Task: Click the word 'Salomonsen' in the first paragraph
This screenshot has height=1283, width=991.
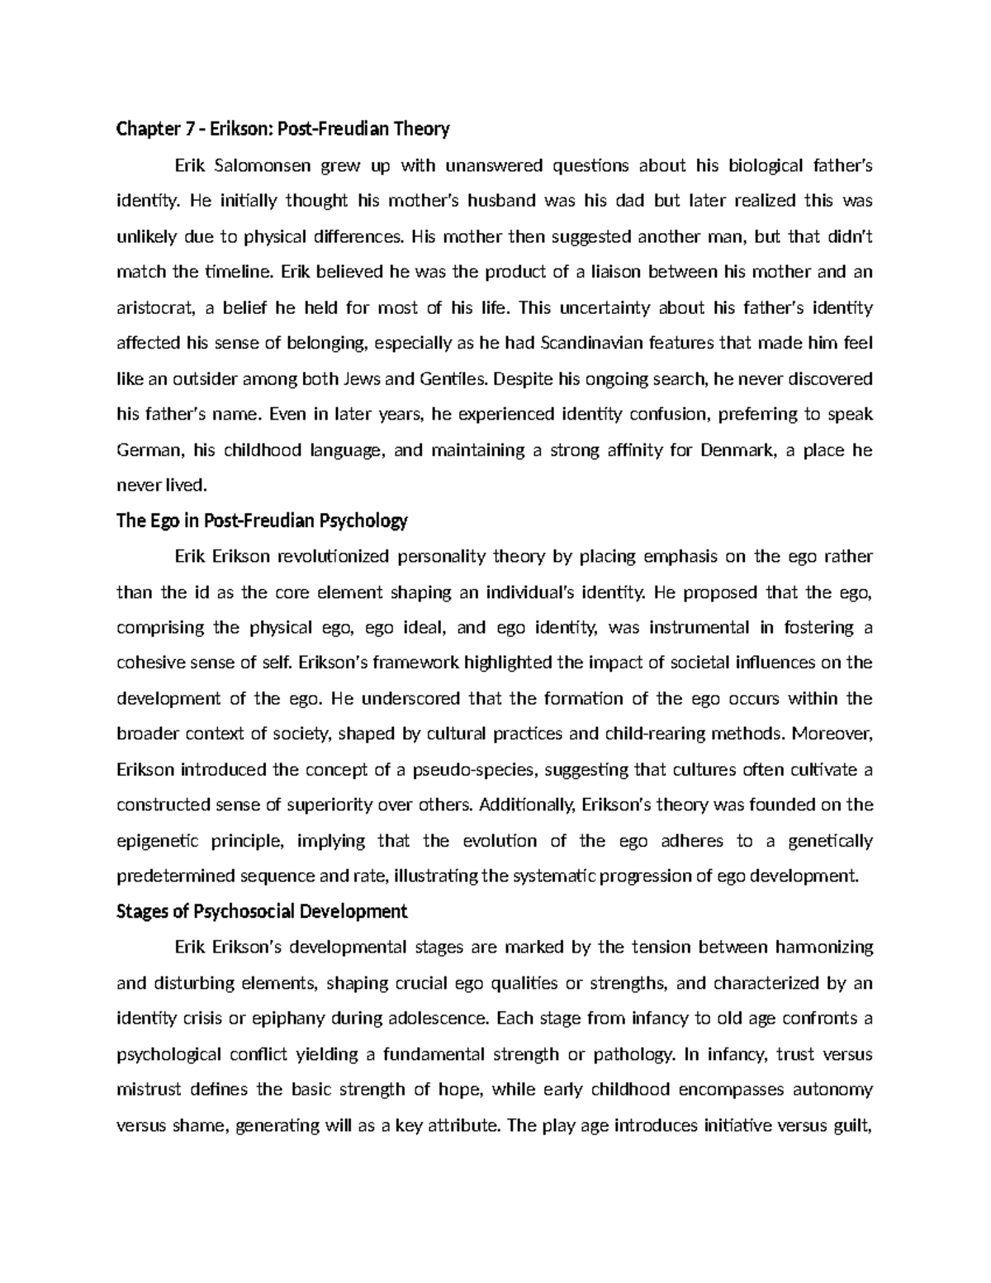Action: click(x=263, y=165)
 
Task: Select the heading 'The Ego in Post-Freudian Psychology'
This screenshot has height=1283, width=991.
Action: click(x=263, y=521)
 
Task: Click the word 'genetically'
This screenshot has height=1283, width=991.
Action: click(x=830, y=841)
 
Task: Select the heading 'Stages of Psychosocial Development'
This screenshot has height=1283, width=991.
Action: click(x=263, y=911)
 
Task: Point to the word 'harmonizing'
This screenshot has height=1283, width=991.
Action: click(x=825, y=947)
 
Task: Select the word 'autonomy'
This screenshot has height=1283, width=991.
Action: click(x=832, y=1089)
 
